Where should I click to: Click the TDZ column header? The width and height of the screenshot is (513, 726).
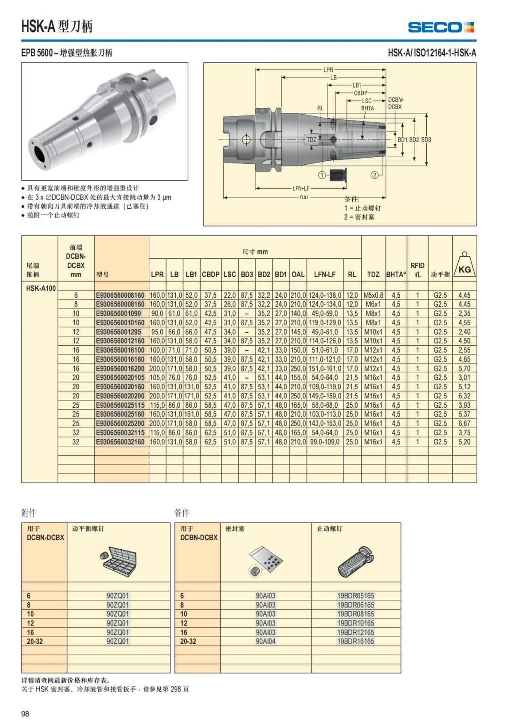tap(373, 274)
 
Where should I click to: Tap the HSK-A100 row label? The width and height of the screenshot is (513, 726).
tap(41, 288)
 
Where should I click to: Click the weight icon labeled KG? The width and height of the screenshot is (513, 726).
tap(464, 266)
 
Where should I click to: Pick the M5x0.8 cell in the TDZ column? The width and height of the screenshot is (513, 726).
tap(373, 295)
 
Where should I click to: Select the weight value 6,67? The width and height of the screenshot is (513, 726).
tap(464, 424)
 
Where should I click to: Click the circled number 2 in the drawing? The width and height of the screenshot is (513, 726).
tap(374, 175)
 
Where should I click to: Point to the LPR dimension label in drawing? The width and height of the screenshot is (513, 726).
tap(328, 69)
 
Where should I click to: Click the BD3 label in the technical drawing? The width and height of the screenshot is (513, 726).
tap(426, 139)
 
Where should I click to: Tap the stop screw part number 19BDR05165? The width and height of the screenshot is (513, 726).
tap(355, 596)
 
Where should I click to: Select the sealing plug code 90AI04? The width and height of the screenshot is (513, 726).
tap(265, 641)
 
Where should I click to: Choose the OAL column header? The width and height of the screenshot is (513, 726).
tap(298, 274)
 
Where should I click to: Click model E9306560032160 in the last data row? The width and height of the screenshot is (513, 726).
tap(121, 442)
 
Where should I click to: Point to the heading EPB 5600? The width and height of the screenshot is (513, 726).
tap(37, 53)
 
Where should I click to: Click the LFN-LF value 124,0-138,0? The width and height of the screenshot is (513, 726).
tap(325, 295)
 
